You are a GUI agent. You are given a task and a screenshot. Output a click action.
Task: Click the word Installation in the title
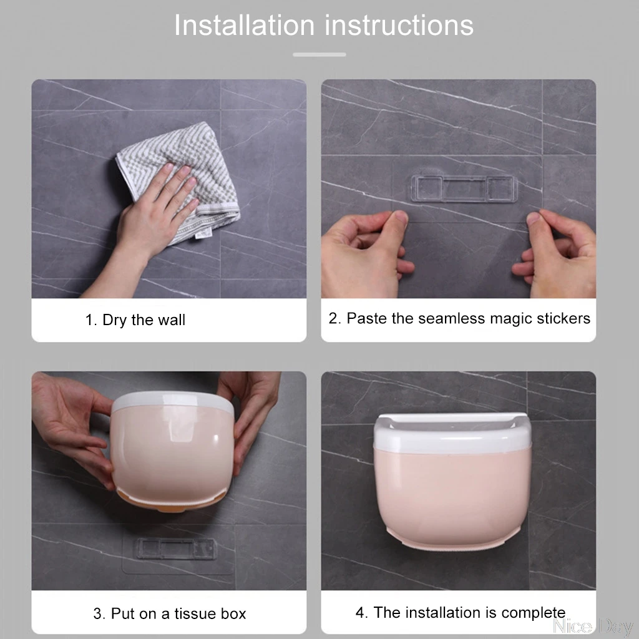pos(245,25)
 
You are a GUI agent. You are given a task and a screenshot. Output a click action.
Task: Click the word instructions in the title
pos(399,25)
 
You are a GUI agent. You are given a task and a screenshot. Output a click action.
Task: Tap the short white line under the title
pos(319,54)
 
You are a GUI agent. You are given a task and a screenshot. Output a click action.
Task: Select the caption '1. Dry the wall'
pos(135,320)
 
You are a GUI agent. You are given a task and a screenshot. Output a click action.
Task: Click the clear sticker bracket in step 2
pos(464,188)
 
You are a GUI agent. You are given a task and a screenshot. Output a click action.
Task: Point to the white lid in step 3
pos(173,401)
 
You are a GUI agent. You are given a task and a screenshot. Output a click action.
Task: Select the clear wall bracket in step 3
pos(175,548)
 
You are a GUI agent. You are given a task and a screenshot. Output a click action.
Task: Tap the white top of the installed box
pos(452,432)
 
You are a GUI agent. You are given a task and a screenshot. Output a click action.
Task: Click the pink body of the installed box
pos(452,497)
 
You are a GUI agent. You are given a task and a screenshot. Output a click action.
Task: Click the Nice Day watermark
pos(593,626)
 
